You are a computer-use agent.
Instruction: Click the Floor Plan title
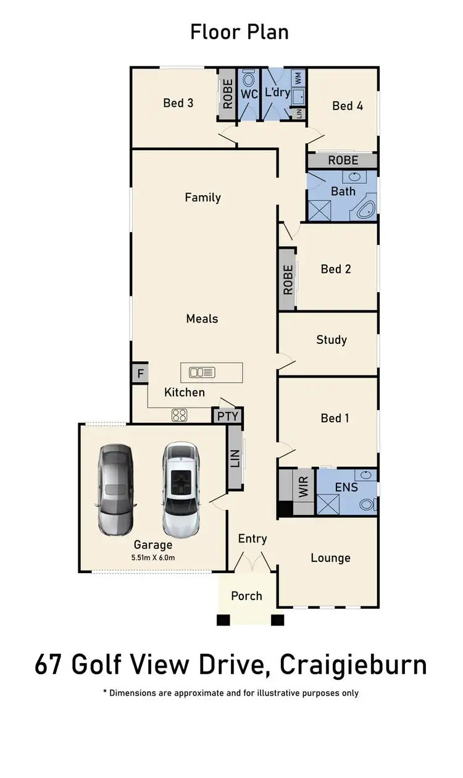click(x=239, y=31)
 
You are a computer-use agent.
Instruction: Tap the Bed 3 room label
click(x=178, y=103)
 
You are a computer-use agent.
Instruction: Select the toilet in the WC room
click(x=249, y=80)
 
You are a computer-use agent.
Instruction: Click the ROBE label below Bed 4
click(x=343, y=161)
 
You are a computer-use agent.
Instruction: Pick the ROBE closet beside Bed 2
click(x=288, y=280)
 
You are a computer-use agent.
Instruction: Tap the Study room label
click(x=331, y=340)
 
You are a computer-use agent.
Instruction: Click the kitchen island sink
click(x=202, y=372)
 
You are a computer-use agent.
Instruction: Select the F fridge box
click(x=140, y=374)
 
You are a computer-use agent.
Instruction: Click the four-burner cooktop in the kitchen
click(x=179, y=416)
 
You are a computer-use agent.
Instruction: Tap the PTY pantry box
click(x=227, y=416)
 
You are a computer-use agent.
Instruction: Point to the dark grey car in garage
click(x=115, y=491)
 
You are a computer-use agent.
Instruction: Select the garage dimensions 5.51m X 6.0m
click(x=153, y=558)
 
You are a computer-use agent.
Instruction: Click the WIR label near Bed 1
click(x=303, y=487)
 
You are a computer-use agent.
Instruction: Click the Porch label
click(x=246, y=596)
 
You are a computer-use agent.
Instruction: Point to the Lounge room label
click(x=330, y=558)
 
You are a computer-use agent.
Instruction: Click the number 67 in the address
click(x=50, y=666)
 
